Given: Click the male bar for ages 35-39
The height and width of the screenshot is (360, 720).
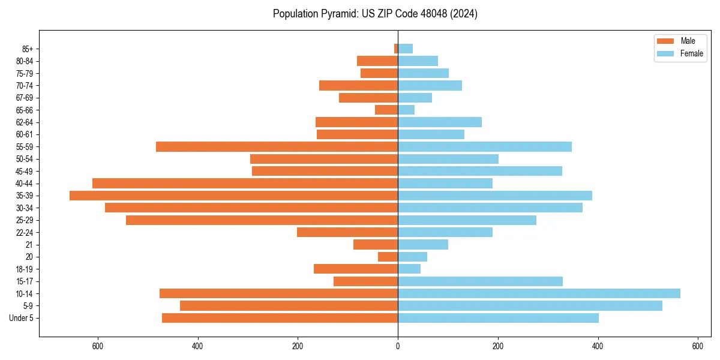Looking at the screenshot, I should [233, 196].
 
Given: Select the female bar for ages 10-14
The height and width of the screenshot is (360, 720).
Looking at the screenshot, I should [539, 293].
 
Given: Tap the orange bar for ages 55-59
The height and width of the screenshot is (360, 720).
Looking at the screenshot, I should [277, 146].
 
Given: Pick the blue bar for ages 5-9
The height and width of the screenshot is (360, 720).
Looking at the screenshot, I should [530, 305].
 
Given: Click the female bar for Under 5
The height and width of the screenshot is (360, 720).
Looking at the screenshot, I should [498, 318].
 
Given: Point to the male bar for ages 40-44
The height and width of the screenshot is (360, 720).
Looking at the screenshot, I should [245, 183].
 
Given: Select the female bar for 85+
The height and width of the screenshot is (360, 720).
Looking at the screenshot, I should [405, 49].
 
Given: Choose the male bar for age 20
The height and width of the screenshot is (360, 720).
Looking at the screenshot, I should [388, 257].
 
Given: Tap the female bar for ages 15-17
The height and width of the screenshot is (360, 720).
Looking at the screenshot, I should [480, 281].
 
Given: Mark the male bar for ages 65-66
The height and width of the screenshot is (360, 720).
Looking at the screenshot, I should [386, 110].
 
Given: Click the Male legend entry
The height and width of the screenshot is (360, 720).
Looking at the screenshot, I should [688, 41].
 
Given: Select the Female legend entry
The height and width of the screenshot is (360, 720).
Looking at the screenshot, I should [691, 53].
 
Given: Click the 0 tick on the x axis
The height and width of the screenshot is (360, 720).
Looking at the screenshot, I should [398, 346].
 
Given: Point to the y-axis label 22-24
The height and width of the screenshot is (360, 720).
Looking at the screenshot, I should [25, 232].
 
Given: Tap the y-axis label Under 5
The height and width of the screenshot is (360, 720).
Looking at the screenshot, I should [22, 318].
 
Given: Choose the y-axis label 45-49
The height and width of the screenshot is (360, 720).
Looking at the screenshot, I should [25, 171].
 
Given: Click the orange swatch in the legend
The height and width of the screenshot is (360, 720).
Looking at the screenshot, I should [665, 41].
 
